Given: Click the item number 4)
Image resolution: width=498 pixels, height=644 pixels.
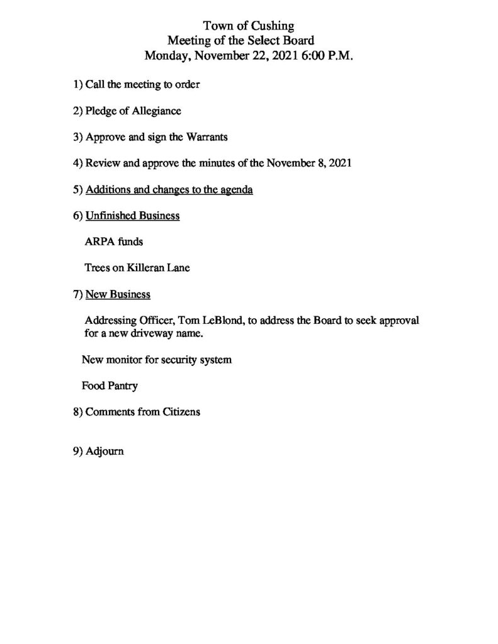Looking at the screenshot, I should [x=78, y=163].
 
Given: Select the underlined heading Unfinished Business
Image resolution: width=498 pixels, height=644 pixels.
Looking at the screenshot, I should [x=132, y=216].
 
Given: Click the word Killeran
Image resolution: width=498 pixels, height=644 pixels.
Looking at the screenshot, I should [x=146, y=268].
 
